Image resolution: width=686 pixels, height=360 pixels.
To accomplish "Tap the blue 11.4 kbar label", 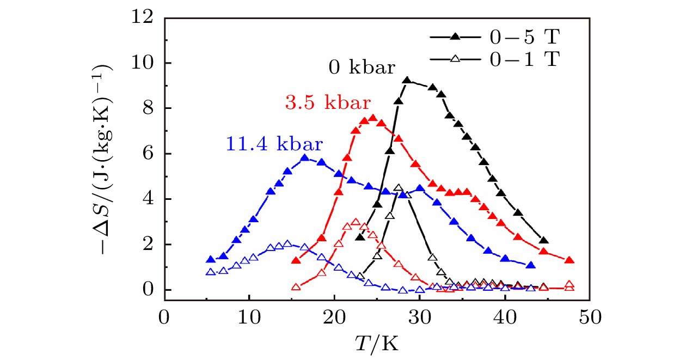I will tap(273, 145).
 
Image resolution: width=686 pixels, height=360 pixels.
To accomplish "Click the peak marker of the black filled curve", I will tap(407, 81).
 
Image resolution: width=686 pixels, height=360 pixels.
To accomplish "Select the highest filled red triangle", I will tap(373, 117).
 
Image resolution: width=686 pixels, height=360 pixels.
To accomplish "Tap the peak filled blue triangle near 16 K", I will tap(305, 158).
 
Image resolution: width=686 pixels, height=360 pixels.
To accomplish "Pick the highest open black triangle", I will tap(398, 188).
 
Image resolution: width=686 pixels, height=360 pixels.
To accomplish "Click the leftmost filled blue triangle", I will tap(211, 259).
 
